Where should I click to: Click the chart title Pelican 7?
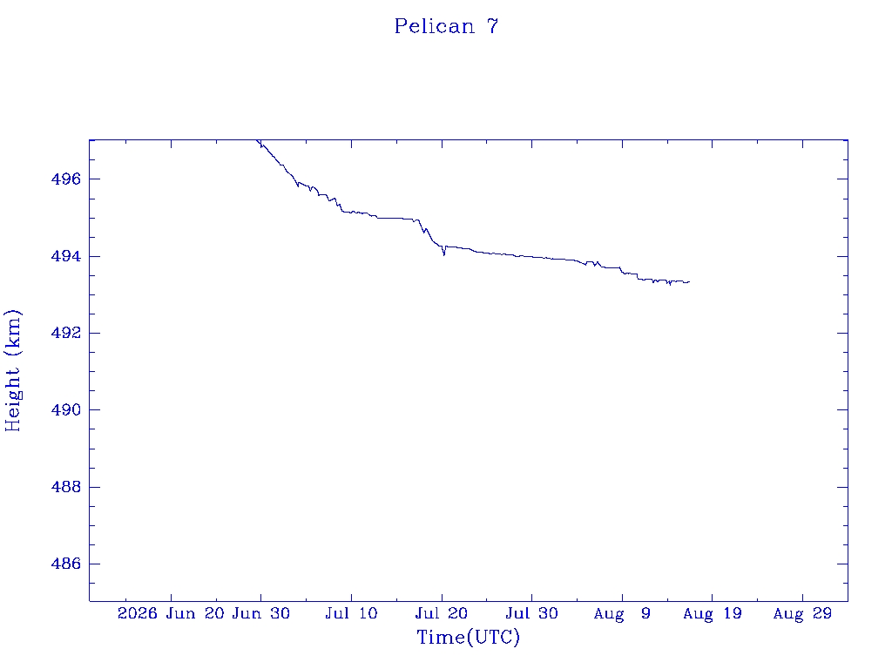[446, 26]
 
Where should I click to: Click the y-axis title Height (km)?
[13, 370]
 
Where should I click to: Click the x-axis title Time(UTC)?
[468, 637]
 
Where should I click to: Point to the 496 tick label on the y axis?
[66, 179]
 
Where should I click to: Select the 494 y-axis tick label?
[66, 257]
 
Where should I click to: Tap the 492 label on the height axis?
[66, 333]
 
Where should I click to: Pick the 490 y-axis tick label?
[66, 409]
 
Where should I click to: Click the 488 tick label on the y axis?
[66, 487]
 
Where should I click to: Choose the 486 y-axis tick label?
[66, 564]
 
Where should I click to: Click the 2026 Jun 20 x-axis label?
[171, 613]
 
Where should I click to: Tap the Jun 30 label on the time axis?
[261, 613]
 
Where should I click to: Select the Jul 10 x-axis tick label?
[351, 613]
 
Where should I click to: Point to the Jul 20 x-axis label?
[442, 613]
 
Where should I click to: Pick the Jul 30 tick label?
[532, 613]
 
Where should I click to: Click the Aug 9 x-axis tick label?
[622, 613]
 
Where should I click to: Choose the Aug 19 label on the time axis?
[713, 613]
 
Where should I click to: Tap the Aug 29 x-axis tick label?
[802, 613]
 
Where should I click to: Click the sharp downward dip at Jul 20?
[443, 255]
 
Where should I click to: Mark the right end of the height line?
[690, 281]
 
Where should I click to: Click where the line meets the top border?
[257, 140]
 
